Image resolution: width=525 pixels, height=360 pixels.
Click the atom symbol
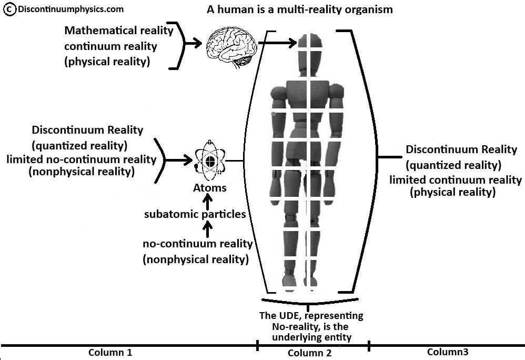[x=210, y=161]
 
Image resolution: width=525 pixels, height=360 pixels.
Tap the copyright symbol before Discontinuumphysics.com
[x=8, y=9]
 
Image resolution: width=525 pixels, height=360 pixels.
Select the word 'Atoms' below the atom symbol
[x=210, y=188]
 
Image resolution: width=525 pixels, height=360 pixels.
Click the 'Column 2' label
[x=312, y=353]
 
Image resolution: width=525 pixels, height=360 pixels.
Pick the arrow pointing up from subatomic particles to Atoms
[x=208, y=201]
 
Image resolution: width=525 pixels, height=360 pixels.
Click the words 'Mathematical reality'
[x=119, y=31]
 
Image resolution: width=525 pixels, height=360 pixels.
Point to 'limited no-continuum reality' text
[x=82, y=159]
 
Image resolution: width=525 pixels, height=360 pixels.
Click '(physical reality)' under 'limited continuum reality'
[x=452, y=193]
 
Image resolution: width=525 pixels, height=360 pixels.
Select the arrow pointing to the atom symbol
[x=180, y=160]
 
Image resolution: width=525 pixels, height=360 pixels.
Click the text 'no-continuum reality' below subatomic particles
[x=198, y=244]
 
